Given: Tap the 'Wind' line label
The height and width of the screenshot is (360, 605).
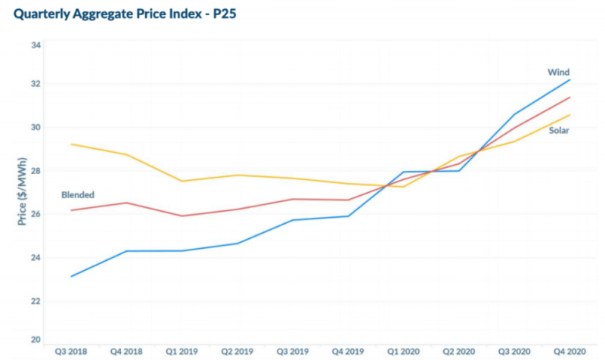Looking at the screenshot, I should tap(558, 73).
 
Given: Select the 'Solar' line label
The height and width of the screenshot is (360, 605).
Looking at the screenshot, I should tap(560, 131).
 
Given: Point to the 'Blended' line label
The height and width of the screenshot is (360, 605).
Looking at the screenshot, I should tap(78, 195).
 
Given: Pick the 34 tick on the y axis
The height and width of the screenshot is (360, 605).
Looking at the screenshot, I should tap(36, 45).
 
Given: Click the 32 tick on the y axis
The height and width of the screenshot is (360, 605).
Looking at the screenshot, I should tap(36, 83).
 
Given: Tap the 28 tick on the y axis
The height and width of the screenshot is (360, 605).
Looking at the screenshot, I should tap(36, 171).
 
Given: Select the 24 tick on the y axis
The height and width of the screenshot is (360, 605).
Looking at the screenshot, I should tap(36, 258).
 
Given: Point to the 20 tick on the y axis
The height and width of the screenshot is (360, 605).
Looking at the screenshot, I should tap(36, 340).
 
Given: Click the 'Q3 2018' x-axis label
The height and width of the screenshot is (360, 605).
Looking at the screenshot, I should tap(71, 352).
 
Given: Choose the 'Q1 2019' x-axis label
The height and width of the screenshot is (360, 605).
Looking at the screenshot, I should tap(182, 352).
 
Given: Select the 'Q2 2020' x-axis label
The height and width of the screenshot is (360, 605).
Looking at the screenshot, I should tap(459, 352).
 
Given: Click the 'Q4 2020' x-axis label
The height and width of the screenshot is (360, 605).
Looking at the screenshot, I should tap(569, 352).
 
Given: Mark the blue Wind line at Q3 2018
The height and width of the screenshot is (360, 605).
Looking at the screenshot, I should tap(71, 276).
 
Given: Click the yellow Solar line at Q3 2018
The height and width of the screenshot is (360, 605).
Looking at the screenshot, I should tap(71, 144).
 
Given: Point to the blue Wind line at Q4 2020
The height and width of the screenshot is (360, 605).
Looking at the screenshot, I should tap(569, 79).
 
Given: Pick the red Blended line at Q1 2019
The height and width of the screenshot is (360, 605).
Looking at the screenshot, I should tap(182, 216).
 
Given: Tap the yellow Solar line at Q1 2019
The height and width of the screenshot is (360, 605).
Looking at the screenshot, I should tap(182, 181).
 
